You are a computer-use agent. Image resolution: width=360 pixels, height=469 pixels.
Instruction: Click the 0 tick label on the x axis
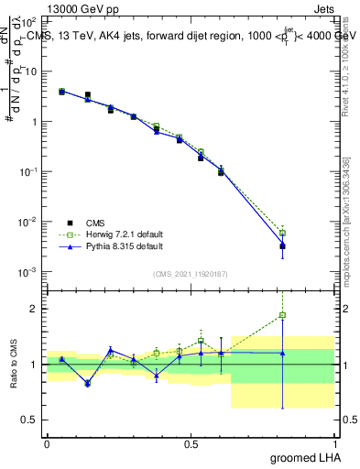[x=47, y=444]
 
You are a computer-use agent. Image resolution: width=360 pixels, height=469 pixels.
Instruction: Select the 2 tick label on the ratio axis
[x=34, y=309]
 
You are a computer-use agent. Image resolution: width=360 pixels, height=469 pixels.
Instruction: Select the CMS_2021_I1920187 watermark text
[x=191, y=274]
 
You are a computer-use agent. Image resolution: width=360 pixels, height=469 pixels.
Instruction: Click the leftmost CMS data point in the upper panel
[x=61, y=92]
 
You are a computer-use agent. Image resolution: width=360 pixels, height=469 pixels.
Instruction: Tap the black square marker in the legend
[x=70, y=223]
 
